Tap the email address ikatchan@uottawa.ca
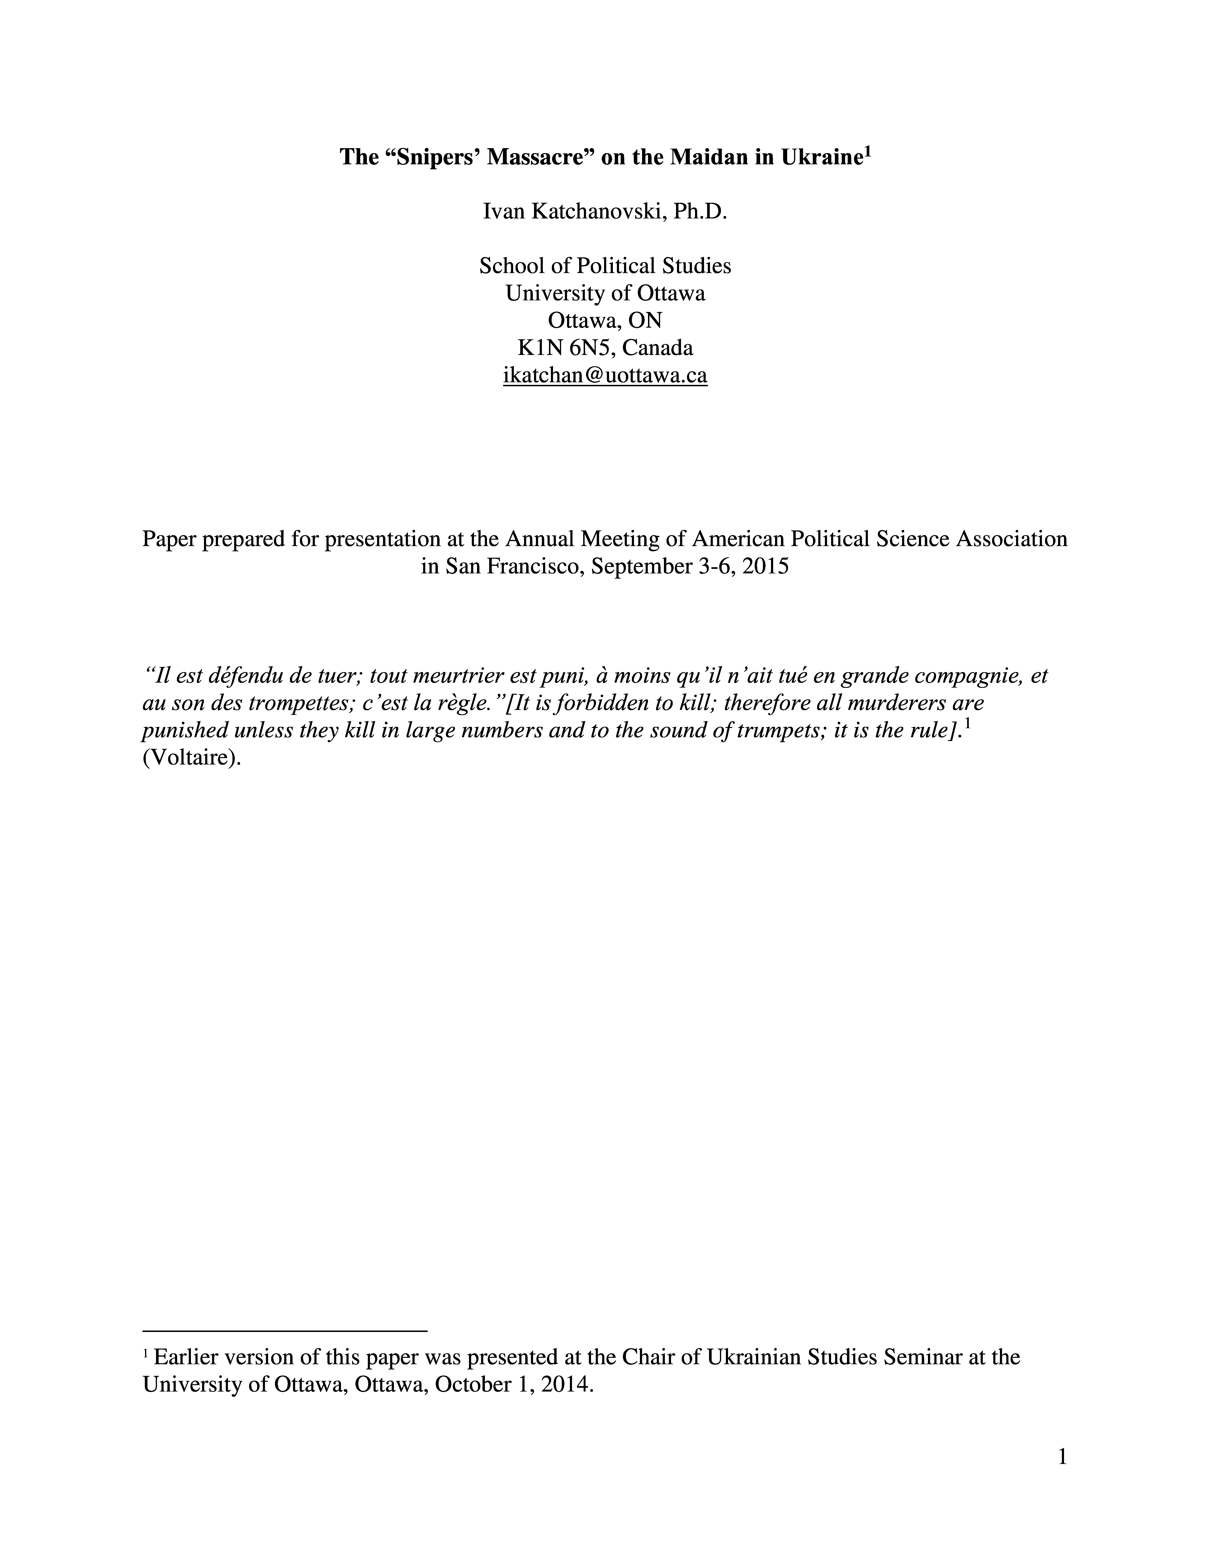(605, 375)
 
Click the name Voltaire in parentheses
(191, 758)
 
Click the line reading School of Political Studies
(605, 266)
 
